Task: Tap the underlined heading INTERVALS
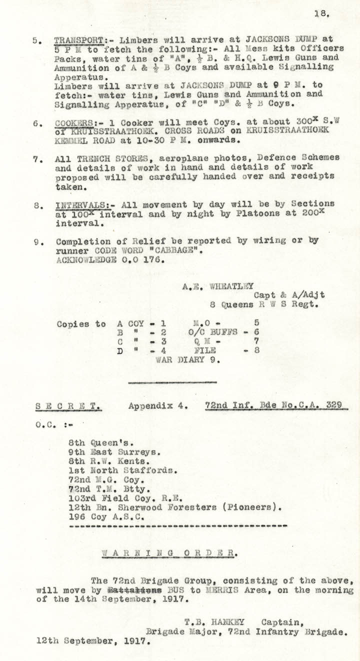[x=77, y=205]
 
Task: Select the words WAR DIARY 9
[x=187, y=358]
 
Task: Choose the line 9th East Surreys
[x=115, y=451]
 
